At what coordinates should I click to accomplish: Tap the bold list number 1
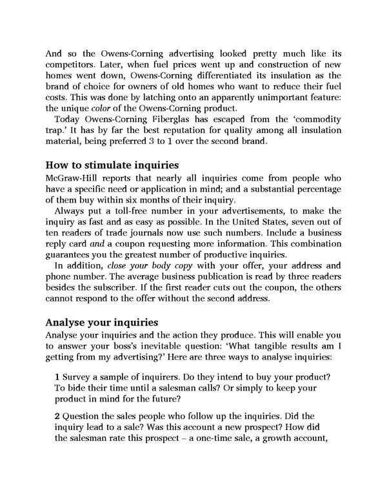coord(57,376)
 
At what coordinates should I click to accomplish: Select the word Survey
coord(81,376)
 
